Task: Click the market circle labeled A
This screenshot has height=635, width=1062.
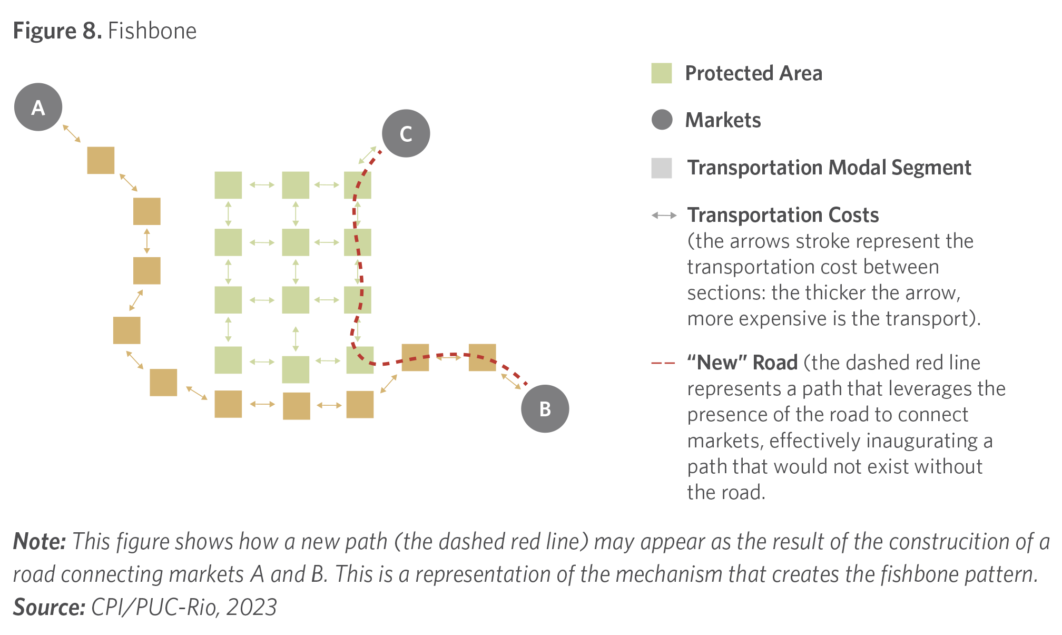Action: [38, 107]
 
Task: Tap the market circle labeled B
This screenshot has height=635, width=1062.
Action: [545, 409]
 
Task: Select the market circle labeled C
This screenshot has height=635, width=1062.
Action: [406, 133]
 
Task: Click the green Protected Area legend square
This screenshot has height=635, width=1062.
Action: [662, 73]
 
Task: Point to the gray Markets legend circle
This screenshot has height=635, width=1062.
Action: [662, 120]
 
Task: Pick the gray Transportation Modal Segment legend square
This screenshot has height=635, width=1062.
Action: [662, 168]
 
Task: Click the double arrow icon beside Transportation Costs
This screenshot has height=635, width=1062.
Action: [664, 215]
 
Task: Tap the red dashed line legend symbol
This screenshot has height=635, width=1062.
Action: [663, 363]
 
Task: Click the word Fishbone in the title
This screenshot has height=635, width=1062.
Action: [152, 31]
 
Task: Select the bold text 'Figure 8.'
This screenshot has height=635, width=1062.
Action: [57, 31]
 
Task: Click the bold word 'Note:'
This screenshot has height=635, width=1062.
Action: [40, 541]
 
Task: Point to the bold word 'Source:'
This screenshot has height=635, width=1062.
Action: [49, 607]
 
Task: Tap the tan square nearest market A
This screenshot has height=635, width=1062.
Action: [101, 160]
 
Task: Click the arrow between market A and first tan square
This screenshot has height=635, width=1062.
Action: [72, 133]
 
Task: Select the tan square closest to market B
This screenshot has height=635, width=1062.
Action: [482, 357]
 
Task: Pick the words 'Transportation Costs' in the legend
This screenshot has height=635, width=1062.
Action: [783, 215]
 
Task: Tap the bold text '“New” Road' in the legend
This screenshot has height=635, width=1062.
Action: [742, 363]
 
